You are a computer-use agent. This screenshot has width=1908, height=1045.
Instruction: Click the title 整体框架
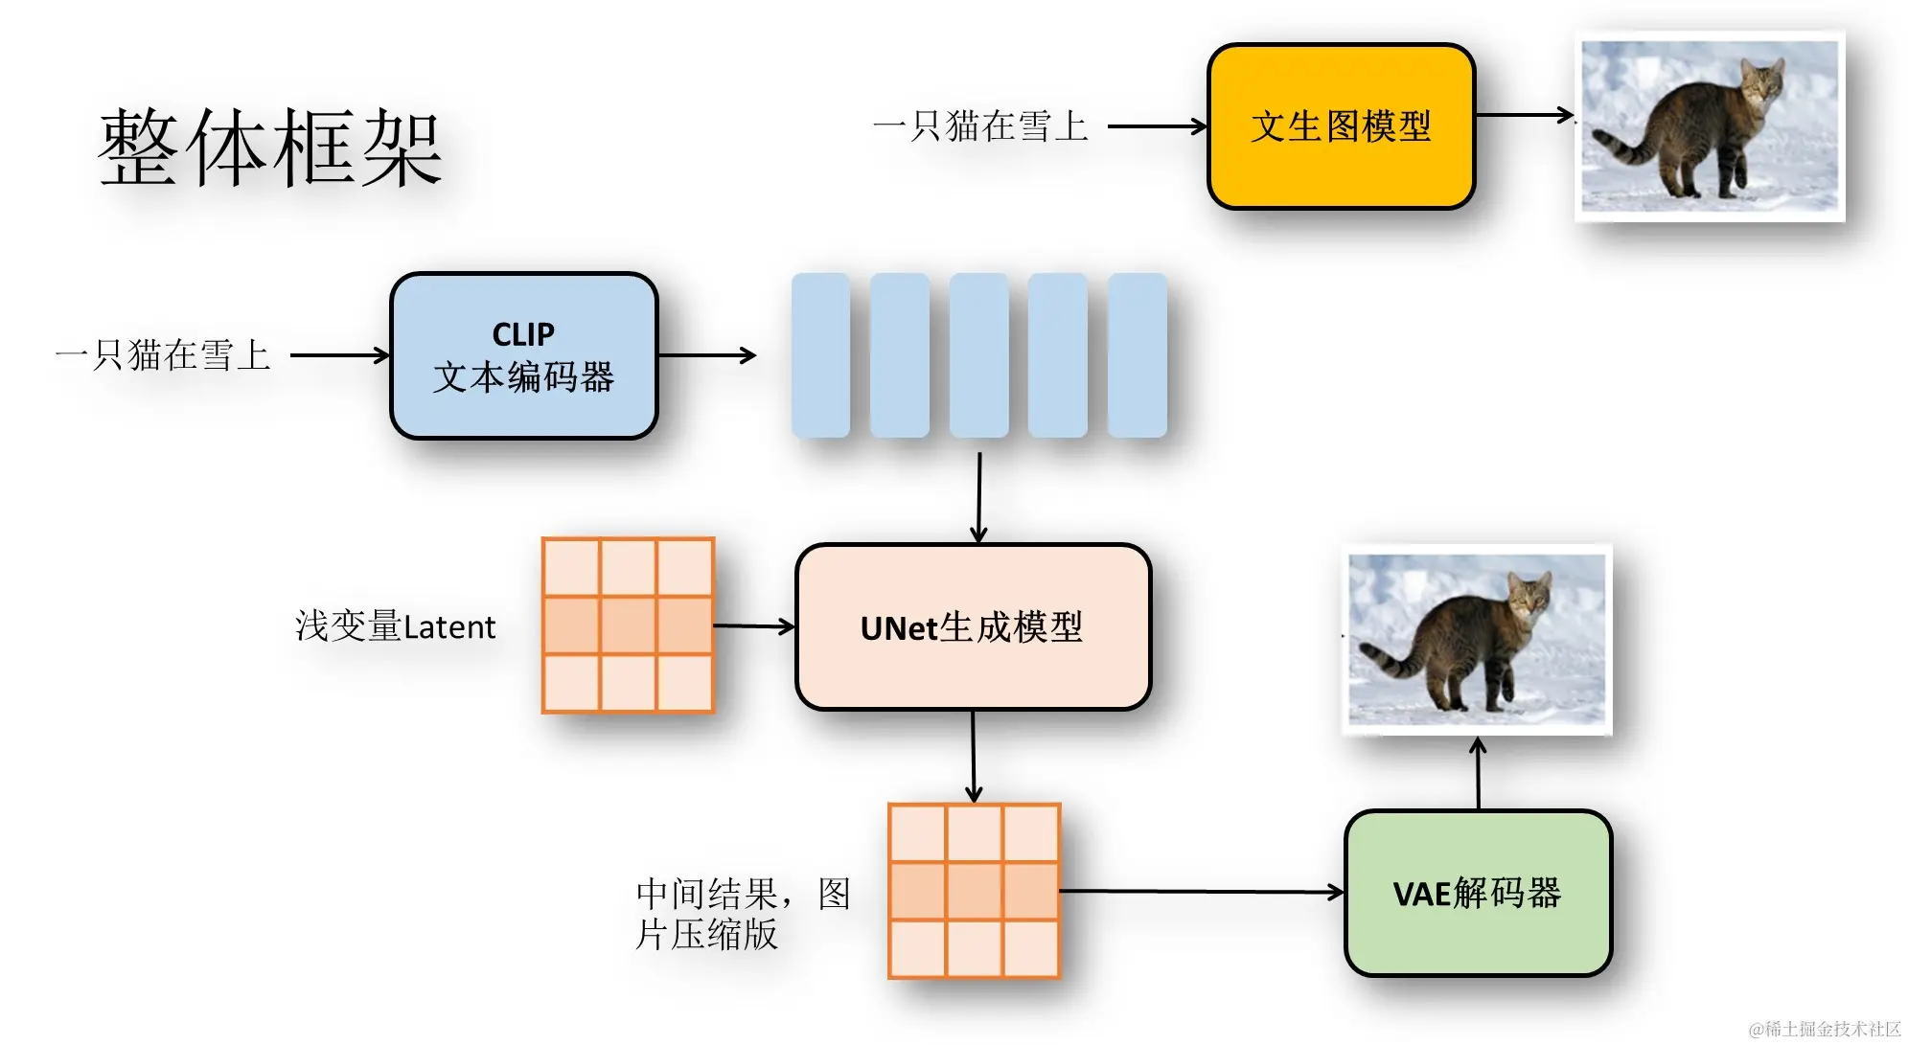[x=270, y=148]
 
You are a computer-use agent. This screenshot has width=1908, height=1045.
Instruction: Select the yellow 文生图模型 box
[x=1340, y=126]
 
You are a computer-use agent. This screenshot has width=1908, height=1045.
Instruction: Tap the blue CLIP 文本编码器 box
[x=523, y=356]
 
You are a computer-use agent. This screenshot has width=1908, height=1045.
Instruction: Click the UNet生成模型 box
[x=972, y=627]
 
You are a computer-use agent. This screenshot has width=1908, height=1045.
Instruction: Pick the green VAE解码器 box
[x=1477, y=893]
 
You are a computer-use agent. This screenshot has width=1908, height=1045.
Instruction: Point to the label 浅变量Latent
[x=395, y=626]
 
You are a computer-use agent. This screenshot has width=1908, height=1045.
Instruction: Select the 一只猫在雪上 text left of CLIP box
[x=163, y=355]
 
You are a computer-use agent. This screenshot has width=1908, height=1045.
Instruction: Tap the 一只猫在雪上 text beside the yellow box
[x=980, y=126]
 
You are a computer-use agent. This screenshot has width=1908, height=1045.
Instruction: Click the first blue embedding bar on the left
[x=820, y=355]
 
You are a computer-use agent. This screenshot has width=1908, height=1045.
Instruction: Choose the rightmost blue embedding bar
[x=1137, y=355]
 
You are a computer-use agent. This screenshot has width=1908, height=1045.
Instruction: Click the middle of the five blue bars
[x=978, y=355]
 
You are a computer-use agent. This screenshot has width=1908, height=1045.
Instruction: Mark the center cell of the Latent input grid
[x=628, y=625]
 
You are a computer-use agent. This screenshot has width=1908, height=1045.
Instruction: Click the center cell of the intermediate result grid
[x=974, y=891]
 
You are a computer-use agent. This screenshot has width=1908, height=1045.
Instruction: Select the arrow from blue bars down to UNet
[x=978, y=498]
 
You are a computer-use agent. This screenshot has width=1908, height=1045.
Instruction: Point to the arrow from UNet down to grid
[x=974, y=757]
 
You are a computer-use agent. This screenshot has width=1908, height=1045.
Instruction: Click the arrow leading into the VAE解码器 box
[x=1198, y=892]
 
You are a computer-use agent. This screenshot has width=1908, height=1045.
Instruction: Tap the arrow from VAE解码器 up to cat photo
[x=1478, y=774]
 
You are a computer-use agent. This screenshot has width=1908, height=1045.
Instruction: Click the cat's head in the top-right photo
[x=1761, y=82]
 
